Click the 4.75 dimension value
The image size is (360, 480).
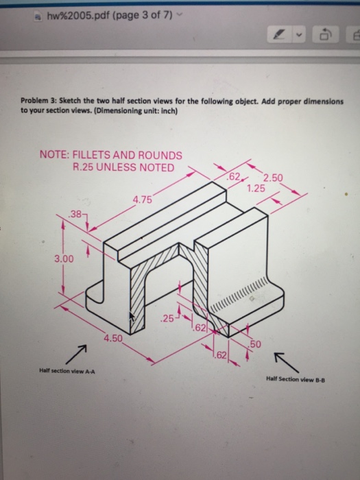point(143,200)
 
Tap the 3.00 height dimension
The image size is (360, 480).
point(64,259)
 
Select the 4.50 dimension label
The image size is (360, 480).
point(113,338)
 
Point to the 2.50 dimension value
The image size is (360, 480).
point(273,178)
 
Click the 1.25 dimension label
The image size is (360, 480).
point(256,189)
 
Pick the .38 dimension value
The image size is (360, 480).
point(75,214)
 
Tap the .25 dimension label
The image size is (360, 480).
point(167,319)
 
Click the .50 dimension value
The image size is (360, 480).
point(254,344)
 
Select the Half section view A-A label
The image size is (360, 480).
point(67,372)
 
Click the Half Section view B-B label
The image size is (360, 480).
point(296,380)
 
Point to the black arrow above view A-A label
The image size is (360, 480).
point(75,354)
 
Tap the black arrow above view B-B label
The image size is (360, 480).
point(286,363)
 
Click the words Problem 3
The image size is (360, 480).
point(38,101)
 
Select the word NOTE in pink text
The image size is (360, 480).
point(54,154)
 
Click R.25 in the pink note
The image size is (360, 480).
point(83,167)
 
